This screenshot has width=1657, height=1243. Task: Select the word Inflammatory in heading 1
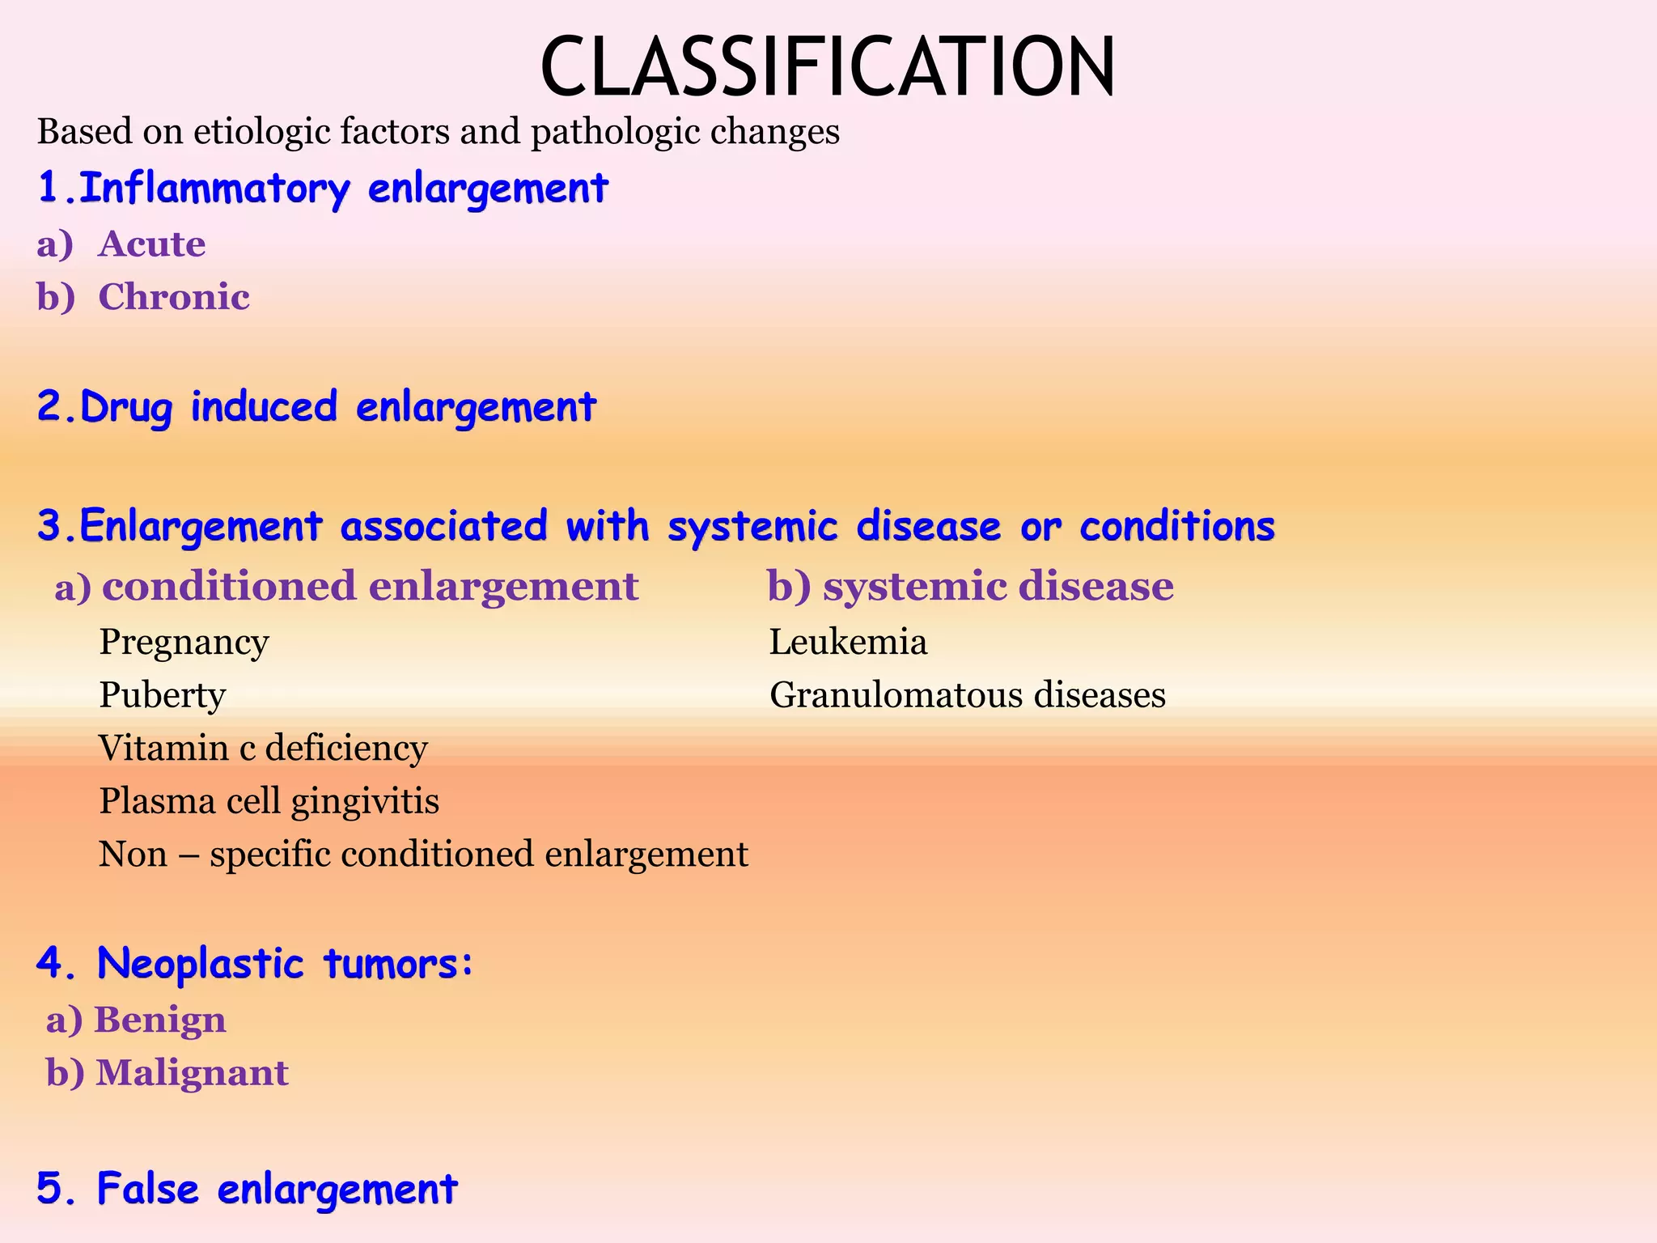(x=215, y=189)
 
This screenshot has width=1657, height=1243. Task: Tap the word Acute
(x=152, y=244)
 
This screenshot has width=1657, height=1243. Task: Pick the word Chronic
(x=174, y=297)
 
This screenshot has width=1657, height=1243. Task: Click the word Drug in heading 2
(x=126, y=407)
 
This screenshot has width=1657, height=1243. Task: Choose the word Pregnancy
(x=184, y=643)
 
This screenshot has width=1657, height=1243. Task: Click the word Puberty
(x=162, y=695)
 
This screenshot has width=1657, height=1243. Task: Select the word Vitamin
(x=163, y=748)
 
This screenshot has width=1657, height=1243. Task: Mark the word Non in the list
(x=133, y=855)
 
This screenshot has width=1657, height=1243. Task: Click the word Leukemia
(x=848, y=643)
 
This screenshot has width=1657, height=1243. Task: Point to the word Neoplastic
(x=201, y=964)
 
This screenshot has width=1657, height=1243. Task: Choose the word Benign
(x=160, y=1020)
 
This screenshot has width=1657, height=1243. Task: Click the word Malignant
(x=192, y=1073)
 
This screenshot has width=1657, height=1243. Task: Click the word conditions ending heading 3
(x=1177, y=526)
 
